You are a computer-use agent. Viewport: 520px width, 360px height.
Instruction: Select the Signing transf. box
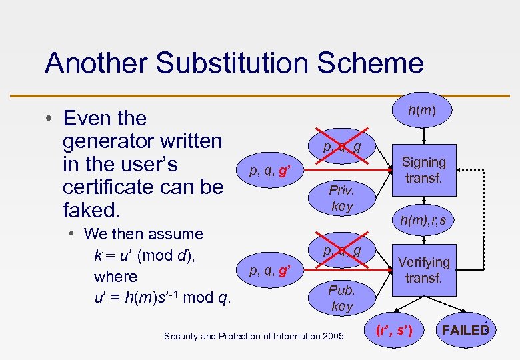point(423,170)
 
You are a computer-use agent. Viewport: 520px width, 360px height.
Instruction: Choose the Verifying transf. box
point(423,270)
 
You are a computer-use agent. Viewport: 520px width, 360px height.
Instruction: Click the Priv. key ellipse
point(341,198)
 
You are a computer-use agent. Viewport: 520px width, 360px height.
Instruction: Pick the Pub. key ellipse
point(341,298)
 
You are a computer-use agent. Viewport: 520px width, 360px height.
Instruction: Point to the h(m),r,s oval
point(423,219)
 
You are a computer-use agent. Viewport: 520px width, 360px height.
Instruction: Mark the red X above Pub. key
point(342,251)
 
